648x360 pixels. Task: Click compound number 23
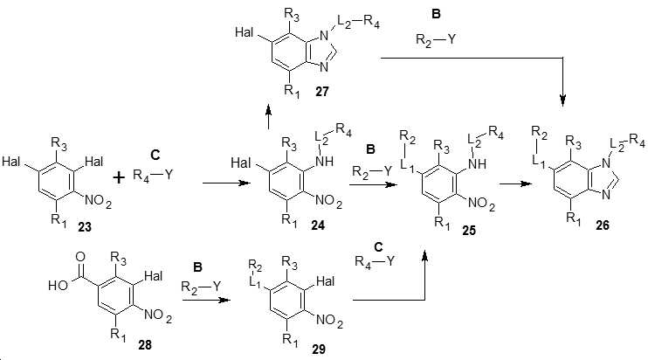(x=85, y=227)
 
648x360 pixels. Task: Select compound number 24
(x=318, y=225)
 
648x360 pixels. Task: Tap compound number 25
(x=469, y=230)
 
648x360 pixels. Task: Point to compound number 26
(x=602, y=225)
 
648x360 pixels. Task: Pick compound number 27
(x=322, y=91)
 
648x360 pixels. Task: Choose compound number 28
(x=145, y=344)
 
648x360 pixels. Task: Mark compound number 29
(x=319, y=350)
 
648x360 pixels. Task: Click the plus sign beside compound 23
(x=119, y=177)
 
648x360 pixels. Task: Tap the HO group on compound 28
(x=59, y=285)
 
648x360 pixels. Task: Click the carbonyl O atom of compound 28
(x=80, y=257)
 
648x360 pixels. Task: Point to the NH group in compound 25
(x=477, y=164)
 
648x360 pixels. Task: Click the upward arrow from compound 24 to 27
(x=269, y=116)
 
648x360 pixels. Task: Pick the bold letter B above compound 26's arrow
(x=436, y=14)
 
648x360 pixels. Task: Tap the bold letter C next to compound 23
(x=155, y=155)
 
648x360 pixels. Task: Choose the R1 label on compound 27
(x=292, y=91)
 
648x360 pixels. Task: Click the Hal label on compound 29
(x=325, y=281)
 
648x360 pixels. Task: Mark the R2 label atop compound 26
(x=540, y=133)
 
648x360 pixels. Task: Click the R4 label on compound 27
(x=371, y=22)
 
